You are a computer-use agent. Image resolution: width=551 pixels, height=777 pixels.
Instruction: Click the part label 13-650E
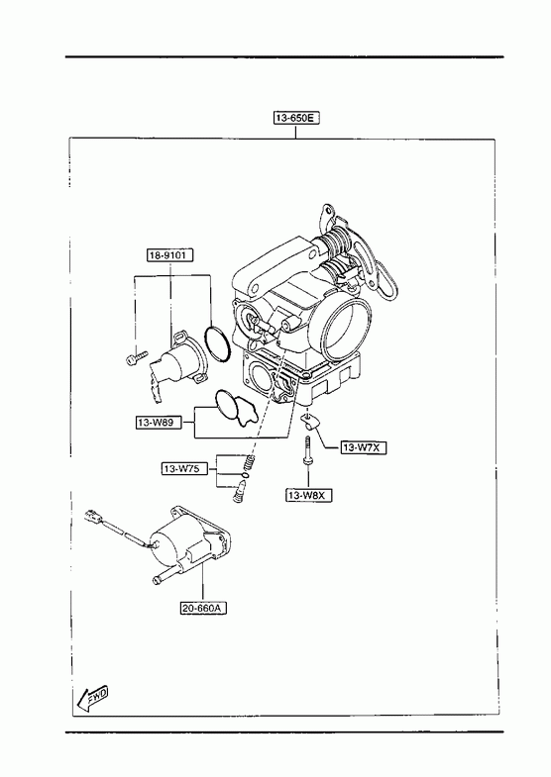click(296, 118)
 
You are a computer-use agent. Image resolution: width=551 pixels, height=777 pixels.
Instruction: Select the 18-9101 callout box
click(169, 255)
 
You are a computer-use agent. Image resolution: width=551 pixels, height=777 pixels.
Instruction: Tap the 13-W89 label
click(159, 423)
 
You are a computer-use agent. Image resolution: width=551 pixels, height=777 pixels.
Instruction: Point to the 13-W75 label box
click(184, 468)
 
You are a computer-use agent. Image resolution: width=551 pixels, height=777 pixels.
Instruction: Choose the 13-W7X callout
click(364, 447)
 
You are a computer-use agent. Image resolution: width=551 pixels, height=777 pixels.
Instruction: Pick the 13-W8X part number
click(308, 495)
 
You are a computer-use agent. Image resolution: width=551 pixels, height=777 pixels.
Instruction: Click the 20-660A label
click(203, 608)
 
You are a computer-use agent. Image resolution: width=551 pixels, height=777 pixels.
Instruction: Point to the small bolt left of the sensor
click(137, 357)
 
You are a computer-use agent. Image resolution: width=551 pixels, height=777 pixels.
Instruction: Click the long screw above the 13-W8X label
click(308, 450)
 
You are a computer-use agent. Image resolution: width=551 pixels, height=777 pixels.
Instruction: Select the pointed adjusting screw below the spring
click(239, 492)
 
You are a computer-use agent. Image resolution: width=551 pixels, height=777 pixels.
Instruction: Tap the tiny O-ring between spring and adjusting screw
click(246, 475)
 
